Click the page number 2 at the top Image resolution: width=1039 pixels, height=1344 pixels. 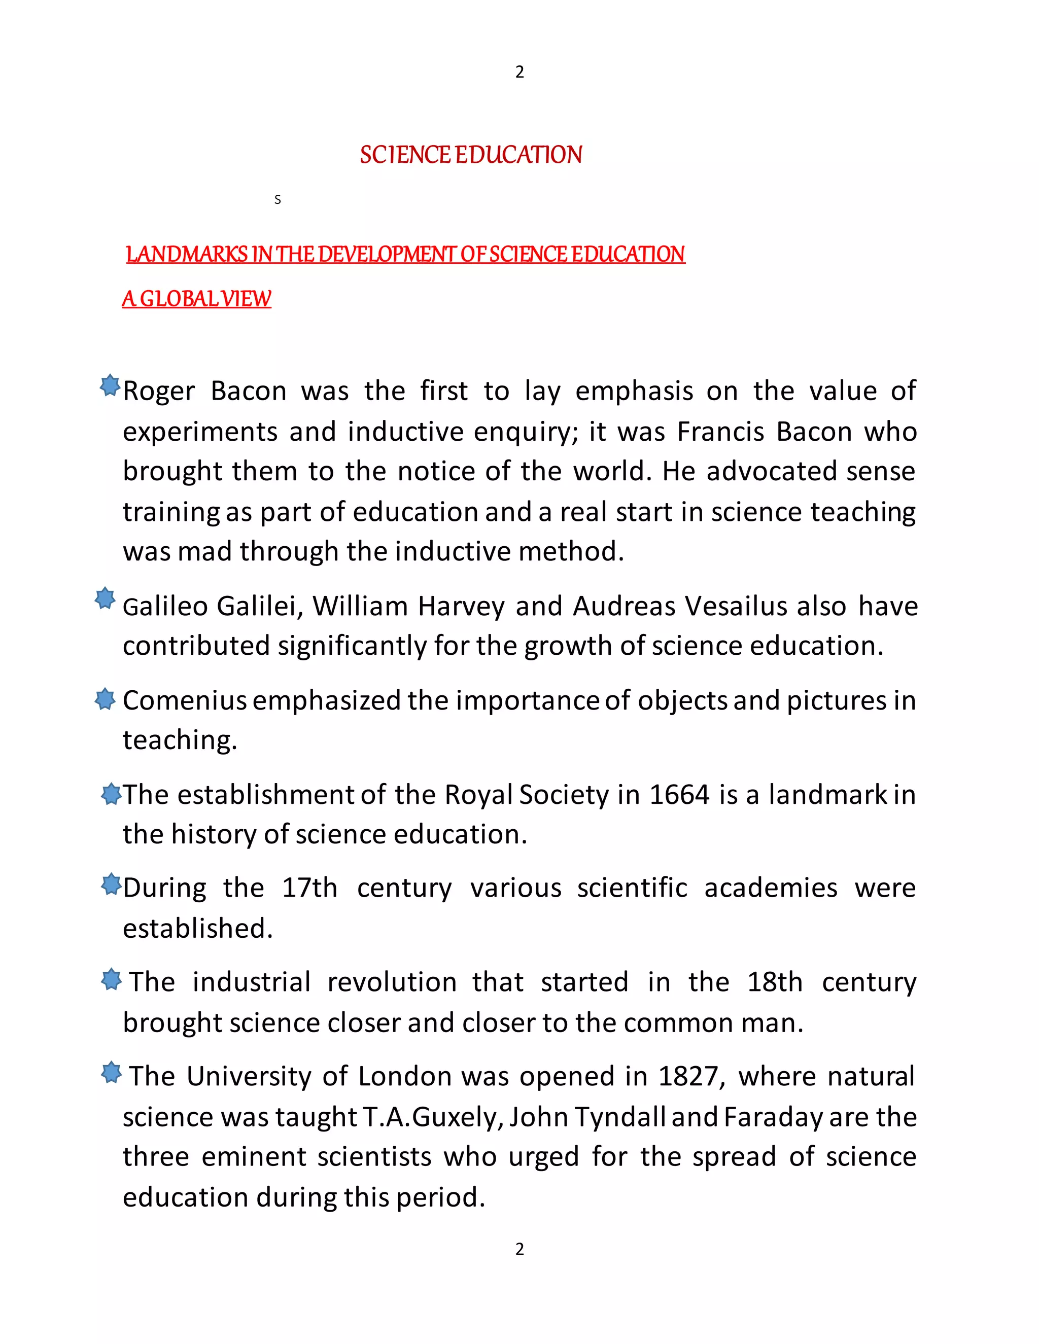(x=519, y=72)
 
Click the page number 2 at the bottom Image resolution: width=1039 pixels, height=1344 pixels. (x=519, y=1249)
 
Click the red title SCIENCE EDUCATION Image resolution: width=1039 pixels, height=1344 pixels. (x=471, y=155)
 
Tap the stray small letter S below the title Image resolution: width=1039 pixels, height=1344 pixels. (x=278, y=199)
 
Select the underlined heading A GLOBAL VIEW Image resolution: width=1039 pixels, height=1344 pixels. (x=196, y=299)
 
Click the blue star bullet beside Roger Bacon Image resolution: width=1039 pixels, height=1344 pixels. (x=110, y=386)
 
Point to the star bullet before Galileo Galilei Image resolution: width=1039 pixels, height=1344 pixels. (x=105, y=598)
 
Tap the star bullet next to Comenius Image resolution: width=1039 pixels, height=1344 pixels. (x=105, y=699)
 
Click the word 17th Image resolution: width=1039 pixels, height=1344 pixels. (x=309, y=888)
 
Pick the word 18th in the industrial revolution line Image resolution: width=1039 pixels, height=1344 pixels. (x=775, y=982)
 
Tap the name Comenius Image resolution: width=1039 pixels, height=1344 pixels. (x=185, y=700)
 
